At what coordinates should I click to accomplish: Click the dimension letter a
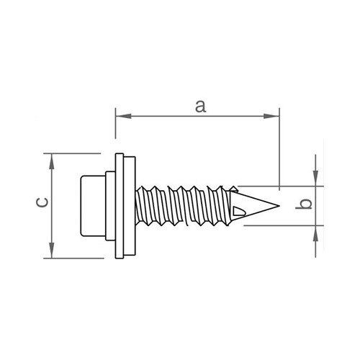pos(200,107)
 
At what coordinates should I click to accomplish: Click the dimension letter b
pos(304,204)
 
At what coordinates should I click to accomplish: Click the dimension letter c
pos(42,202)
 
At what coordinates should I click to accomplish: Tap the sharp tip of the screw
pos(279,206)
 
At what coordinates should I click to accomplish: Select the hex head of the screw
pos(93,206)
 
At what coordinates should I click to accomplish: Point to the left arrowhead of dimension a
pos(124,116)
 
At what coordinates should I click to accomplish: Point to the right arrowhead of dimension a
pos(271,116)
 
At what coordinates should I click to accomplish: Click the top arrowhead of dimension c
pos(52,161)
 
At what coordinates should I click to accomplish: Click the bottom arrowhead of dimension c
pos(52,251)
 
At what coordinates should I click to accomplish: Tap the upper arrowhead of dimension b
pos(315,178)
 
